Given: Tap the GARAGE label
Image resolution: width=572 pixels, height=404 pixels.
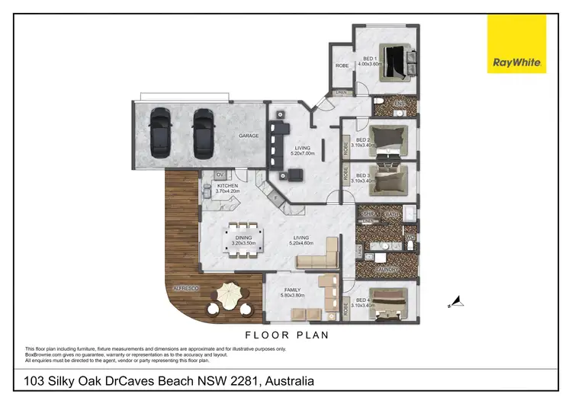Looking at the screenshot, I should tap(249, 136).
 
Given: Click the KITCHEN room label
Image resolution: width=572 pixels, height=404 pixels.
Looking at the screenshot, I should tap(228, 185).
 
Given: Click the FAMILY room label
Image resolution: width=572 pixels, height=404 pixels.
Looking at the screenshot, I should tap(292, 290).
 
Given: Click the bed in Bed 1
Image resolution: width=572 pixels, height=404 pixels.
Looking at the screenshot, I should tap(399, 59).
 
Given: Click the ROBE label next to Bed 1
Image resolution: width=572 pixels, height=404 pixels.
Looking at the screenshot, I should tap(342, 66).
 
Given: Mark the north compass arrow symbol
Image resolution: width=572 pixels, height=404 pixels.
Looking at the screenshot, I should tap(455, 303).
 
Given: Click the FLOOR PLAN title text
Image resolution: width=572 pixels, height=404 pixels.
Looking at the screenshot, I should tap(286, 334).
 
